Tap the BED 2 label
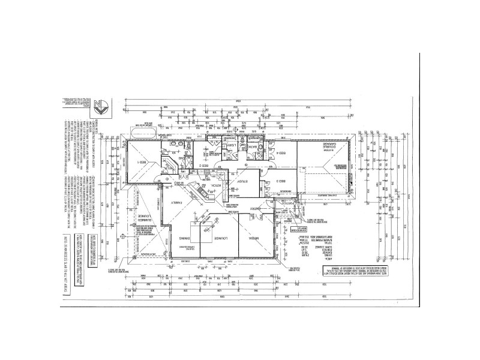[x=204, y=164]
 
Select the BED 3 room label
[x=284, y=181]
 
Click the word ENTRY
[x=255, y=208]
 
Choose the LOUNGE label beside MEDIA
[x=217, y=238]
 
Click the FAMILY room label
[x=175, y=203]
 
